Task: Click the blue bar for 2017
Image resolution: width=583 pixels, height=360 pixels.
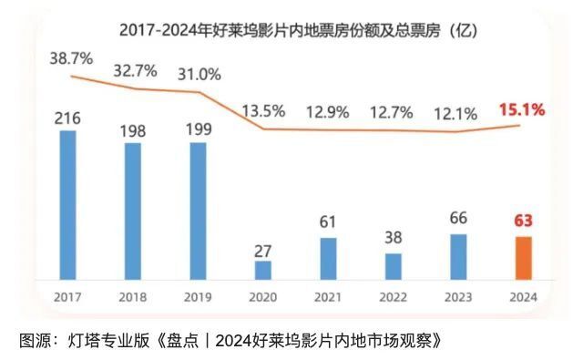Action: pos(67,206)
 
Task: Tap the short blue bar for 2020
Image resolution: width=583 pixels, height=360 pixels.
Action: pos(263,271)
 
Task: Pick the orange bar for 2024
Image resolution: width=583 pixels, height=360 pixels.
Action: pos(523,259)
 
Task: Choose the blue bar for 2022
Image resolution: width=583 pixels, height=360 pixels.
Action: pos(393,266)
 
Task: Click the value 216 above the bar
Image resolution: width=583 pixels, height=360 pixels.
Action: pos(67,118)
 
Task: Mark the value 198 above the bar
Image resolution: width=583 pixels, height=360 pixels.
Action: pos(133,129)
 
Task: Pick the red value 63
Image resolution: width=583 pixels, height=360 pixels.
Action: pos(523,220)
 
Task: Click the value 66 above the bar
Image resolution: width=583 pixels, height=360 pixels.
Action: pos(458,219)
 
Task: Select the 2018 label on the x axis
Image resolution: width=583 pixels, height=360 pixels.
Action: pos(133,298)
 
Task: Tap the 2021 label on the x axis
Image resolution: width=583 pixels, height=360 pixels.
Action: pos(328,298)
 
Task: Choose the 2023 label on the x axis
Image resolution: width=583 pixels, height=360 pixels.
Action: pos(458,298)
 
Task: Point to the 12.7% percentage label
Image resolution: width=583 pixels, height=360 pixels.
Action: pos(393,113)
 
